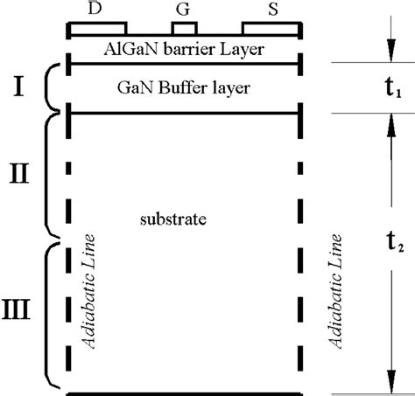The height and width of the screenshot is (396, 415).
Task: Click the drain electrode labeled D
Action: point(98,27)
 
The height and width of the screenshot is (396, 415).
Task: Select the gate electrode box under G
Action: point(183,27)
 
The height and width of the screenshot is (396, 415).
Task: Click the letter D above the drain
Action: point(95,7)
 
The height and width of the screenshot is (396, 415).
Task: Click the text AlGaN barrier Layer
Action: point(185,47)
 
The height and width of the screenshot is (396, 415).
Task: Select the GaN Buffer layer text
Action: point(184,88)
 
